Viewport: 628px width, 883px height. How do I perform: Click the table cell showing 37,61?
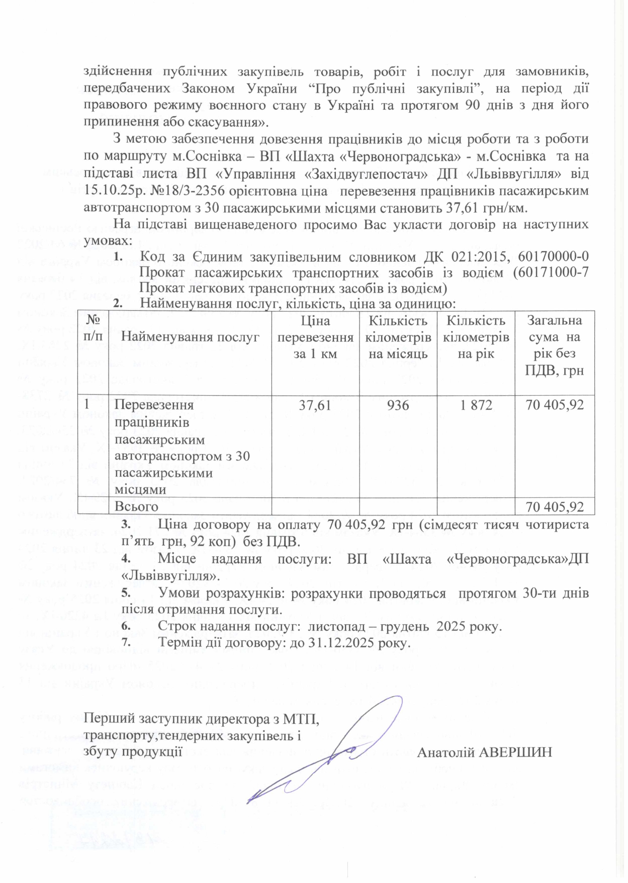tap(315, 405)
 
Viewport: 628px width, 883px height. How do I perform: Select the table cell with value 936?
tap(398, 405)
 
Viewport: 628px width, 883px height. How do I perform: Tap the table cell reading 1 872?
tap(476, 405)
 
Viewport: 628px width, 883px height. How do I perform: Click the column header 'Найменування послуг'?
tap(190, 337)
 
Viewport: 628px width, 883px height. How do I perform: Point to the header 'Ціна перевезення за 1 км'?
tap(315, 337)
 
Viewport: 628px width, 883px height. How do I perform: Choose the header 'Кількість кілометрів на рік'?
tap(476, 337)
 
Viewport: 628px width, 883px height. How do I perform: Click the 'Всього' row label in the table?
tap(136, 506)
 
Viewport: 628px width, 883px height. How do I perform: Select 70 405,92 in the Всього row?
tap(555, 506)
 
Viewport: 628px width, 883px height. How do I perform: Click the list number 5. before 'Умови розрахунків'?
tap(126, 594)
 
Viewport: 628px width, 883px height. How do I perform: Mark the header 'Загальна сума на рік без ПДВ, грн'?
tap(555, 345)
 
